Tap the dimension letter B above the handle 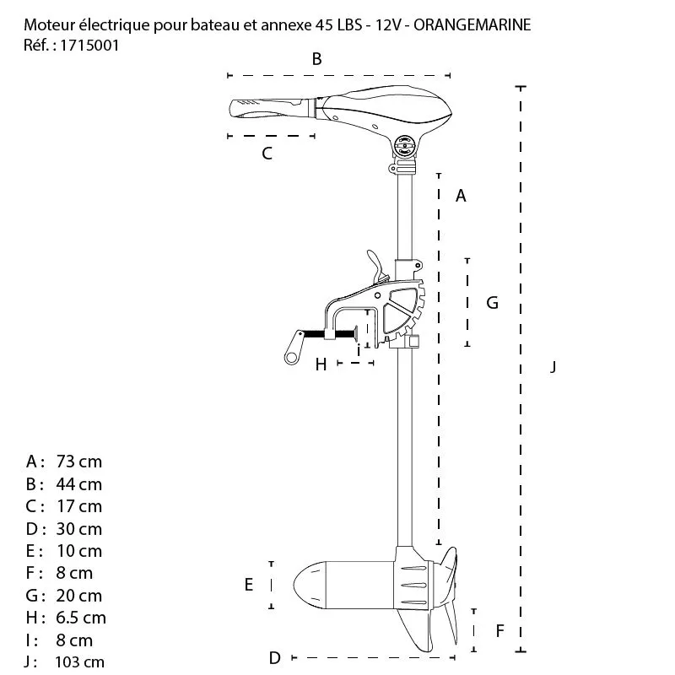click(316, 59)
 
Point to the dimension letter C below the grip click(267, 153)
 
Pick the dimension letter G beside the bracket click(493, 302)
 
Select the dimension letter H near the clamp click(320, 364)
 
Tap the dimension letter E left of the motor click(249, 585)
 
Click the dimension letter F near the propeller click(499, 629)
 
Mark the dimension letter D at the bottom click(274, 657)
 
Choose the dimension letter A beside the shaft click(461, 196)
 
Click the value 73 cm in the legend click(78, 462)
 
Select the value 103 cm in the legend click(79, 662)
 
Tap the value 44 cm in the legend click(78, 484)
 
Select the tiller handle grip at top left click(262, 110)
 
